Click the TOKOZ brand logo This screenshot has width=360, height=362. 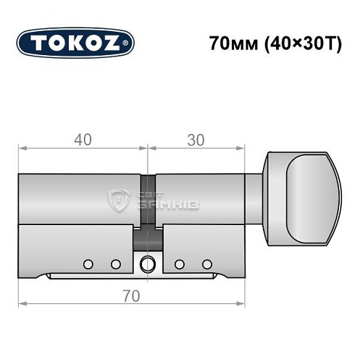(x=75, y=43)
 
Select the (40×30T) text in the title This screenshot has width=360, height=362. (x=295, y=42)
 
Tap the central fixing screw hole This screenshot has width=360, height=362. (x=148, y=264)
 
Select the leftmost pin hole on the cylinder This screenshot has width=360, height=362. (x=88, y=263)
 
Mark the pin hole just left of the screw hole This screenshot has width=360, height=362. (x=114, y=263)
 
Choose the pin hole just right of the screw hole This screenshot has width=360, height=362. (x=180, y=263)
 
